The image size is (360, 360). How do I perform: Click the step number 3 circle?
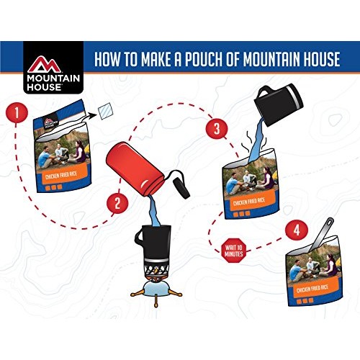[x=212, y=130]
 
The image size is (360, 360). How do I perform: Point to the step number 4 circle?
[x=294, y=232]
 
